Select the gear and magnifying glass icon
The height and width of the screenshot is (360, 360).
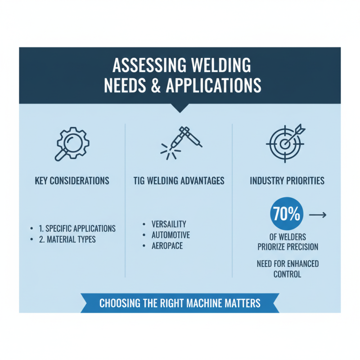[x=72, y=143]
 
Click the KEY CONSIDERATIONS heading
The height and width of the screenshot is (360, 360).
[x=72, y=181]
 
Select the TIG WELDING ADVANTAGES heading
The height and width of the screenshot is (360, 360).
[x=180, y=181]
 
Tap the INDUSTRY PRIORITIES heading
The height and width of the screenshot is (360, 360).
[x=287, y=181]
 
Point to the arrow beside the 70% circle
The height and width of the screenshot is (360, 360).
[x=318, y=215]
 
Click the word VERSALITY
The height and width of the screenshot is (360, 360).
[x=169, y=224]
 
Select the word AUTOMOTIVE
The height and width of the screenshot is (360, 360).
[x=171, y=235]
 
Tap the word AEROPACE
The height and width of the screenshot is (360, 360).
[x=167, y=246]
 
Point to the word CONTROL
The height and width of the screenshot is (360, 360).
[x=287, y=274]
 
